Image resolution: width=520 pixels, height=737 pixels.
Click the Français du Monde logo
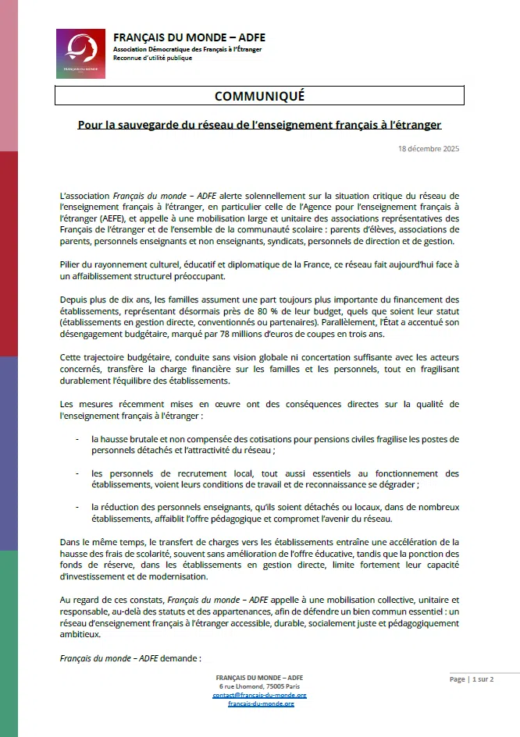[80, 53]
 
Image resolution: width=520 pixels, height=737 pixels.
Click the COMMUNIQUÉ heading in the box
[259, 96]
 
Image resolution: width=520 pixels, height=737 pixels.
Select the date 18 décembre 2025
[429, 148]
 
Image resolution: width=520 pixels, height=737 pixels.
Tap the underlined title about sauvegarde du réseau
[259, 125]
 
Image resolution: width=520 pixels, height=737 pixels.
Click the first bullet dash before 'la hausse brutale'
[77, 439]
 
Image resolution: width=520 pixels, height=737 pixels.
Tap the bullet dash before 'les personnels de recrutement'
[77, 473]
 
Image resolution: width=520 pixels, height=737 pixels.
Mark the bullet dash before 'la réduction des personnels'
[77, 507]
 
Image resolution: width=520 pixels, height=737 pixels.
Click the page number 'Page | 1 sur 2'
[472, 679]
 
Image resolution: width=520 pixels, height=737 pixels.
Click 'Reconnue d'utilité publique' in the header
[151, 58]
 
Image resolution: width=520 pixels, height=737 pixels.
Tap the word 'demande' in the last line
[177, 658]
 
